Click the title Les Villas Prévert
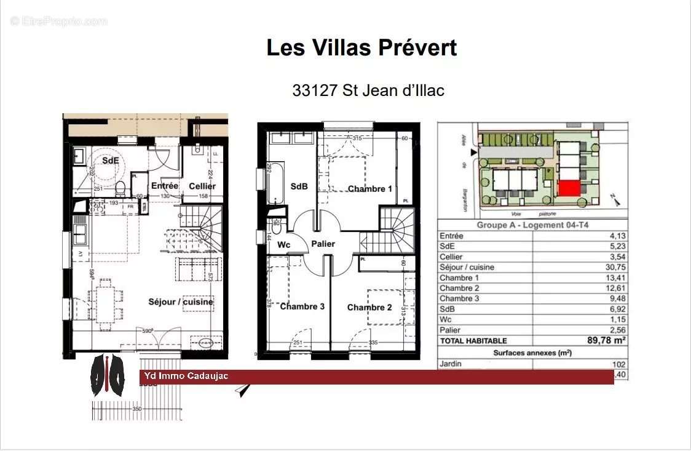(x=361, y=47)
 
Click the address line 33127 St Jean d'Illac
(x=368, y=90)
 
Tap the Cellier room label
(x=202, y=186)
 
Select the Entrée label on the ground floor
(x=164, y=185)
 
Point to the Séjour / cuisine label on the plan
(x=181, y=301)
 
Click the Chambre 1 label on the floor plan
(x=369, y=189)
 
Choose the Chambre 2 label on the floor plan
(x=369, y=307)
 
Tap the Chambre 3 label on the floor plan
(x=302, y=306)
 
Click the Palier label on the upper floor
(x=323, y=244)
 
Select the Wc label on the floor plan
(x=283, y=244)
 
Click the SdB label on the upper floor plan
(x=299, y=186)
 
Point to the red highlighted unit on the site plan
(x=569, y=189)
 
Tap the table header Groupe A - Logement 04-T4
(x=532, y=225)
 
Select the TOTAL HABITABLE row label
(x=473, y=340)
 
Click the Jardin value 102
(x=618, y=364)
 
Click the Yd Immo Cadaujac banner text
(x=185, y=376)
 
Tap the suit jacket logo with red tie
(x=108, y=376)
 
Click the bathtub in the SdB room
(x=276, y=183)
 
